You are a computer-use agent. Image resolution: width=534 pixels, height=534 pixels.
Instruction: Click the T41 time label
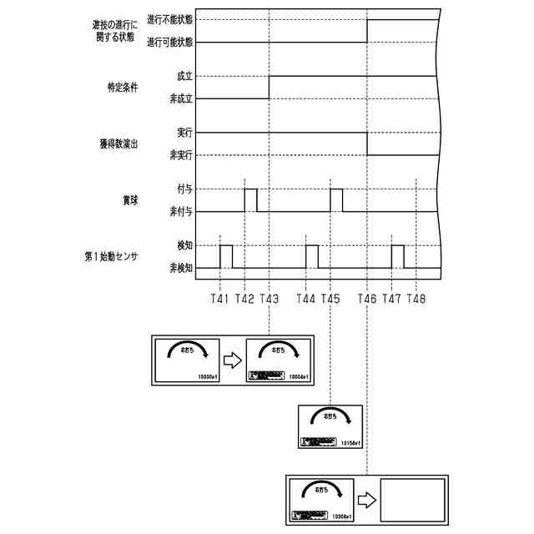(220, 298)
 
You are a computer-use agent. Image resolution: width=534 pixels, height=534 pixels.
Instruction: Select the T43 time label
(270, 298)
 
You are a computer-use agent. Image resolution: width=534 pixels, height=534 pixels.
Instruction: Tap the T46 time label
(368, 298)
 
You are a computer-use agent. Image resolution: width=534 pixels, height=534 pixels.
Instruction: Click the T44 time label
(306, 298)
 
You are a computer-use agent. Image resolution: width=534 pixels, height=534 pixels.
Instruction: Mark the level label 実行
(184, 133)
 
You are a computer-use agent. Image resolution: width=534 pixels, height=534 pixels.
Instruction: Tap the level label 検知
(184, 245)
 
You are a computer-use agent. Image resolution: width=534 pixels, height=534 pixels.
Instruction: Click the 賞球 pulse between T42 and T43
(250, 200)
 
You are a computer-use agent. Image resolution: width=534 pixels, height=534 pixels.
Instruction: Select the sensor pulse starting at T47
(398, 256)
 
